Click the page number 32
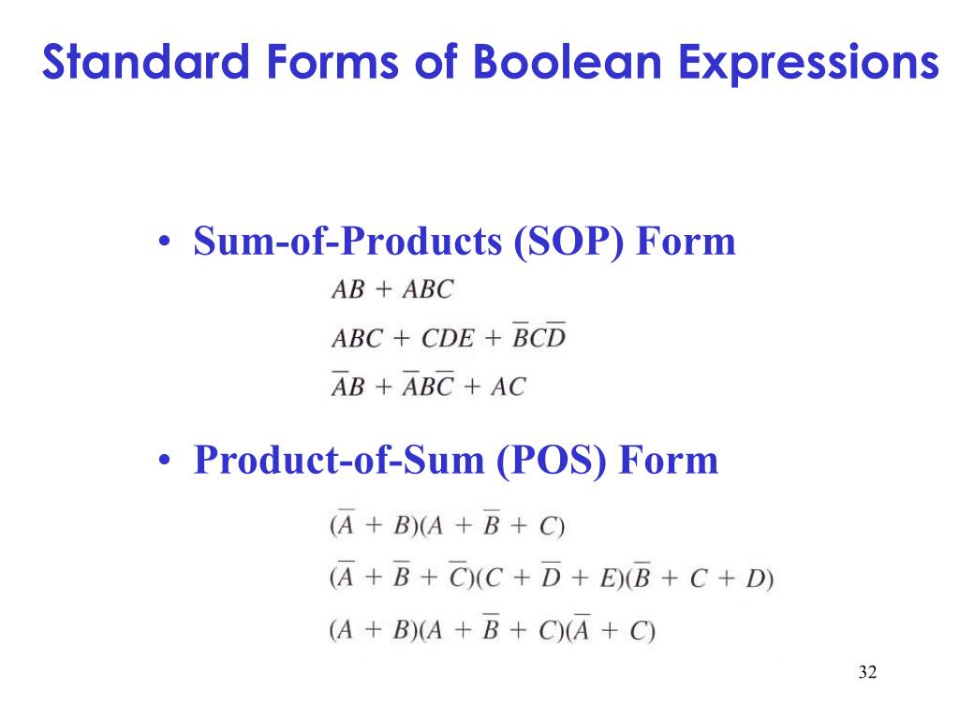[x=866, y=672]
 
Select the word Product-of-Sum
[x=337, y=461]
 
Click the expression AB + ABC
[x=391, y=290]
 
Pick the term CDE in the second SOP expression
[x=447, y=338]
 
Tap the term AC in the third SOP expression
[x=508, y=386]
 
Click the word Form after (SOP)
[x=686, y=242]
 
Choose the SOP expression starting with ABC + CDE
[x=449, y=338]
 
